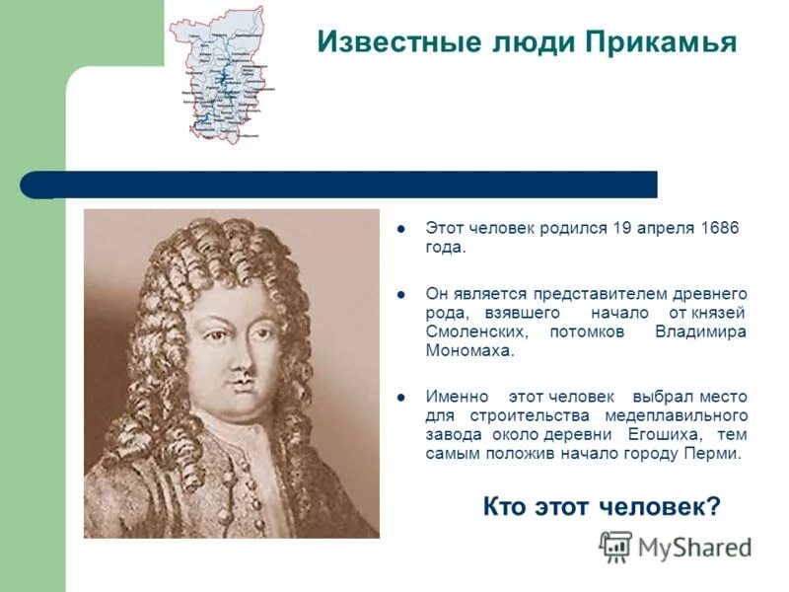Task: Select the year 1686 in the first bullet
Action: click(719, 228)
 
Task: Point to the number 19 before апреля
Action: click(622, 228)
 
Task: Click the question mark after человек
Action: click(714, 507)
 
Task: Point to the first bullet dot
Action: click(401, 229)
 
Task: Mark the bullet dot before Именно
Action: click(401, 397)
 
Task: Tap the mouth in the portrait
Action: click(237, 398)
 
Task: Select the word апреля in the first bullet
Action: click(666, 228)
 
